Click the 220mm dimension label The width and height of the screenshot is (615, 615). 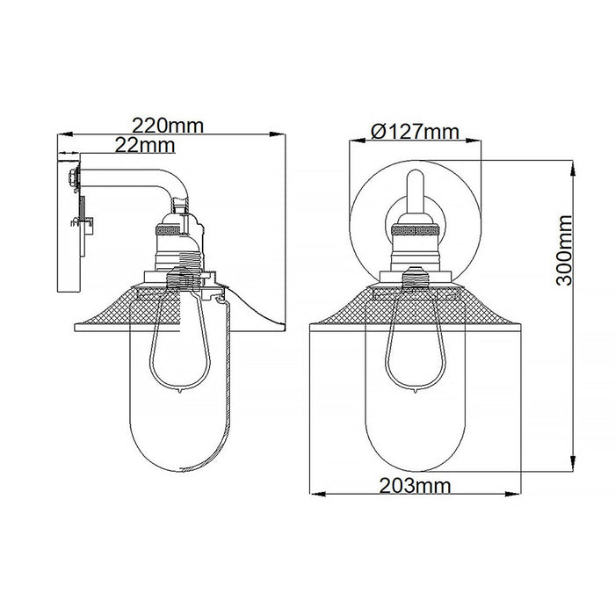[172, 125]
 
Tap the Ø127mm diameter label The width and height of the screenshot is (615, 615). [416, 131]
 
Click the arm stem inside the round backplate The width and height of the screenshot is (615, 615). [416, 188]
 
